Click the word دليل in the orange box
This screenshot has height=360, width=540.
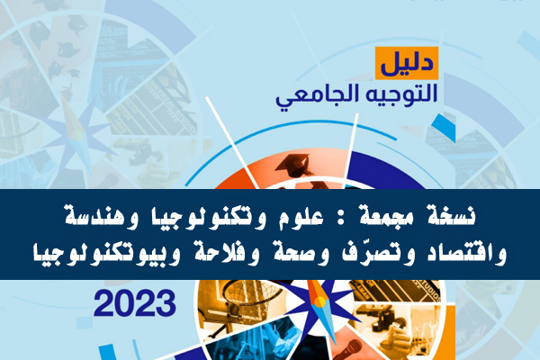(407, 63)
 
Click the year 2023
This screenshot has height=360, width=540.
(135, 303)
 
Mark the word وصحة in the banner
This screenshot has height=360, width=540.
(295, 254)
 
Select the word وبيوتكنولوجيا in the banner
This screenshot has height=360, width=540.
(106, 255)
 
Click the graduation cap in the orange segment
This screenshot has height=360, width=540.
(293, 166)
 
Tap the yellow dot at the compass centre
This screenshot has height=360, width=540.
(319, 301)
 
